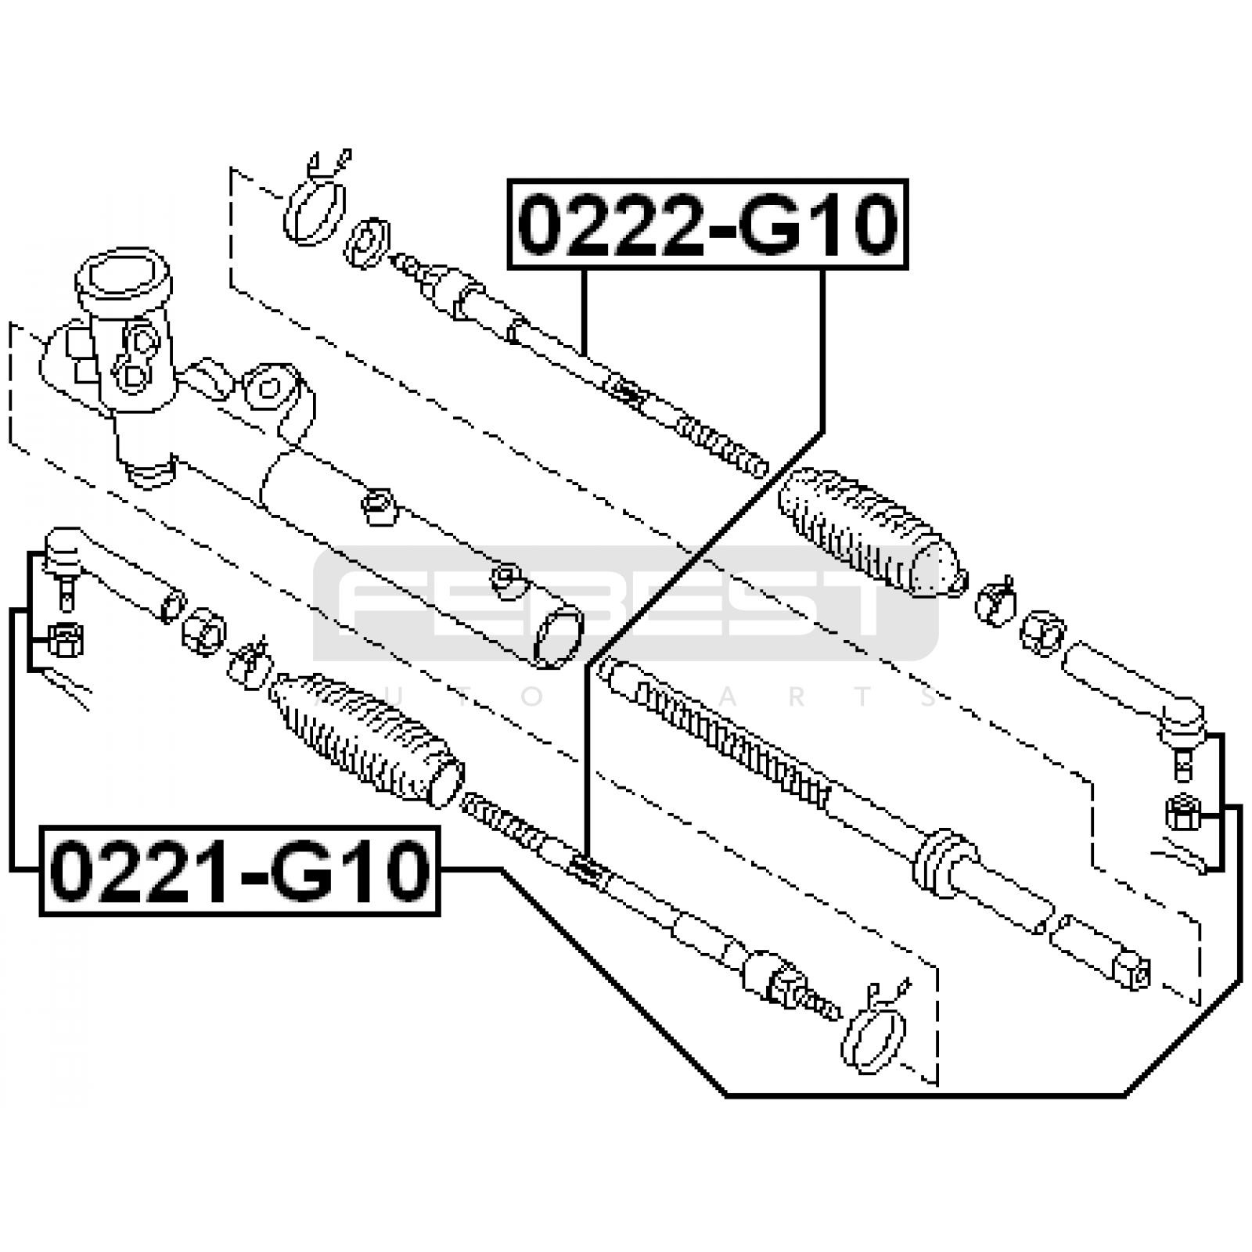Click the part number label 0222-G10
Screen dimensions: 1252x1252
(707, 225)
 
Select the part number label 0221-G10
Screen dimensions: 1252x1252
(239, 871)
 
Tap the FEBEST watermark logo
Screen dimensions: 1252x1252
(626, 603)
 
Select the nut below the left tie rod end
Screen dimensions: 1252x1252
(66, 639)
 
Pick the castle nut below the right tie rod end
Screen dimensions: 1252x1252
(1183, 812)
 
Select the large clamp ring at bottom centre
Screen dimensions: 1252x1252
(875, 1027)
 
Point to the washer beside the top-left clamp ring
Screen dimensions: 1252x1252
(366, 244)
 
